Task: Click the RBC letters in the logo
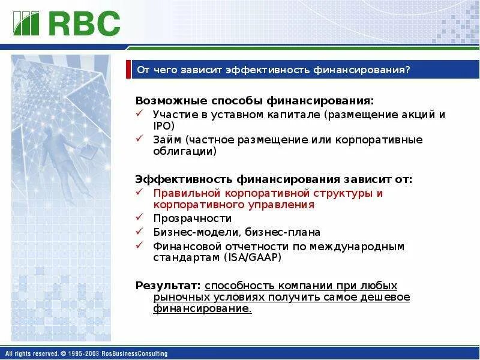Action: (84, 23)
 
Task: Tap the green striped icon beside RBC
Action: (26, 23)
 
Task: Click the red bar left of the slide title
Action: (128, 69)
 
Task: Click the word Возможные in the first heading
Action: (172, 101)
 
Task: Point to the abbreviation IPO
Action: (163, 126)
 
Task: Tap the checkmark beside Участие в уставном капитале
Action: (140, 113)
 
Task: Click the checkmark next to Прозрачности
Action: (140, 217)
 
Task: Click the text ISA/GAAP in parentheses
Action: (253, 257)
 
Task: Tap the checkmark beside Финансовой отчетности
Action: (140, 245)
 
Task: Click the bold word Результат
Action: (168, 286)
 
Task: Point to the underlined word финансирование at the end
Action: (202, 308)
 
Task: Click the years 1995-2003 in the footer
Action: (83, 353)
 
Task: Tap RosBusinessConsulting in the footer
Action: (134, 353)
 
